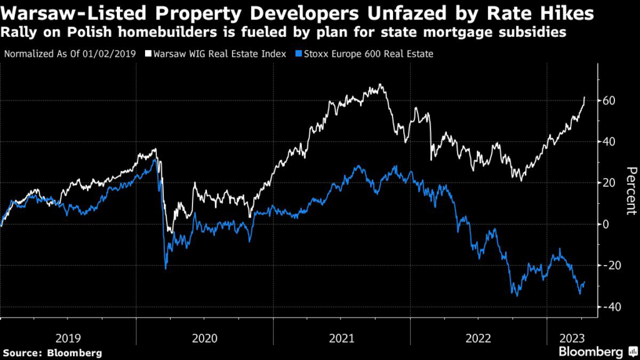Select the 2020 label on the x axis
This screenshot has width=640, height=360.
pos(205,338)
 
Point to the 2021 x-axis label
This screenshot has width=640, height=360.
pos(342,338)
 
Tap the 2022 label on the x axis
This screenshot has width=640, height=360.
pos(478,338)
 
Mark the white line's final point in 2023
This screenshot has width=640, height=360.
pos(584,97)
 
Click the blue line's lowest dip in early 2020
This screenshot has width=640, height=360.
pos(166,269)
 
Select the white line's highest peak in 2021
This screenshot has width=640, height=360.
pos(381,84)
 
